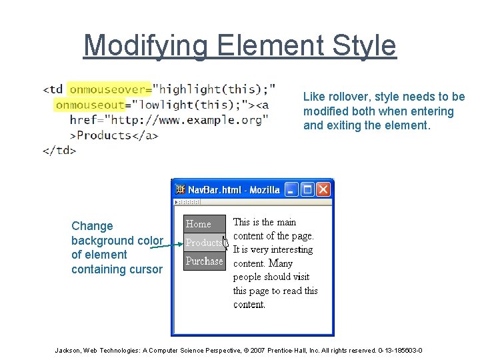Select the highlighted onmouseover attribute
(109, 89)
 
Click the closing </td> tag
(59, 150)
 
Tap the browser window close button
(323, 190)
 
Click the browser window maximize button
(307, 190)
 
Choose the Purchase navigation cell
(204, 261)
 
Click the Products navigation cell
(203, 243)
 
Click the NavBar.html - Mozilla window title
(234, 190)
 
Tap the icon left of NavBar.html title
(180, 190)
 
